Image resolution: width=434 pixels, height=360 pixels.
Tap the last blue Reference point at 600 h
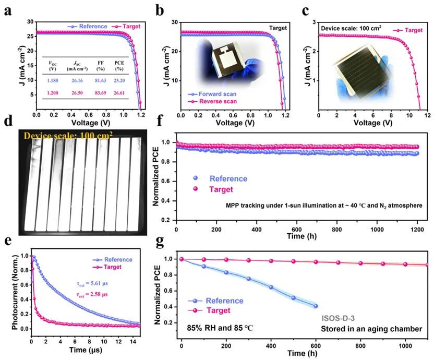pyautogui.click(x=316, y=306)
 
